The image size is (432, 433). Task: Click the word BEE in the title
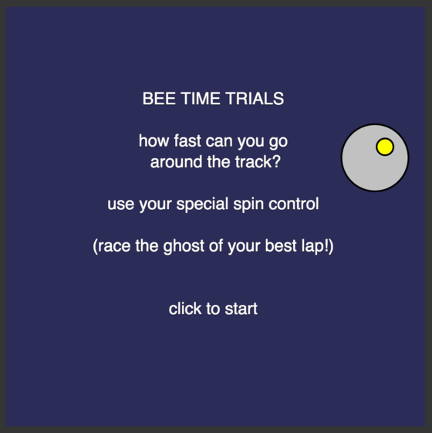[x=159, y=99]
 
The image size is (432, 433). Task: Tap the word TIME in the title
[x=201, y=99]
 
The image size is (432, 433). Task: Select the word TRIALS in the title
[x=255, y=99]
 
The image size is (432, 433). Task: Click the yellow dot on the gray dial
[x=385, y=147]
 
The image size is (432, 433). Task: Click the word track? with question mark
[x=258, y=162]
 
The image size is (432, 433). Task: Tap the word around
[x=176, y=162]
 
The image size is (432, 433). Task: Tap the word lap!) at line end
[x=318, y=246]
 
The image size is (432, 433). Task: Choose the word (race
[x=112, y=246]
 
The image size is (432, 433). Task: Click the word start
[x=241, y=309]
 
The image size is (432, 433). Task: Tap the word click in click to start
[x=185, y=309]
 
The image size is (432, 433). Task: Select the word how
[x=154, y=140]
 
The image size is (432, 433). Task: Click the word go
[x=278, y=142]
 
